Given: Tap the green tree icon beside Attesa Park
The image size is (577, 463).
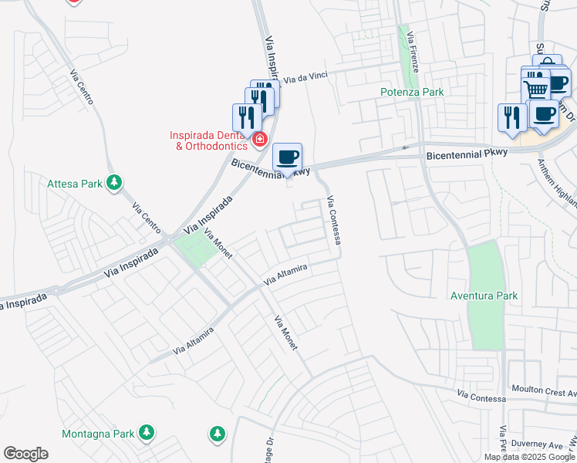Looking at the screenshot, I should click(x=114, y=183).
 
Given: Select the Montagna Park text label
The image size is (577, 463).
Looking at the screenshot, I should click(x=97, y=434).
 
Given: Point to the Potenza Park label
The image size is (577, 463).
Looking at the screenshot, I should click(x=412, y=92).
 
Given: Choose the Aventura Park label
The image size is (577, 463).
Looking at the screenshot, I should click(x=484, y=296).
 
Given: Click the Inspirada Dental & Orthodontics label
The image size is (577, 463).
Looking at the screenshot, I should click(x=208, y=140).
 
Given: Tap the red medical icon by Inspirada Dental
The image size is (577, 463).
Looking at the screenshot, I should click(x=260, y=140).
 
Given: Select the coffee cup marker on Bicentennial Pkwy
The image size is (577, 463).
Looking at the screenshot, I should click(x=288, y=157).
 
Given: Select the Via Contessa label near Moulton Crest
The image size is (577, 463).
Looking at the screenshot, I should click(x=481, y=395).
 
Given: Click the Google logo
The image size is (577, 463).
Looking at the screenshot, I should click(x=25, y=454).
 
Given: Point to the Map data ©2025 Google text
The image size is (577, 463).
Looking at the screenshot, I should click(x=529, y=457).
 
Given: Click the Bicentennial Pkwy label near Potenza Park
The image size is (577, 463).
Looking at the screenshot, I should click(x=467, y=153).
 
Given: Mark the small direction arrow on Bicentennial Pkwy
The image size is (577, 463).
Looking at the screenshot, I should click(x=405, y=147).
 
